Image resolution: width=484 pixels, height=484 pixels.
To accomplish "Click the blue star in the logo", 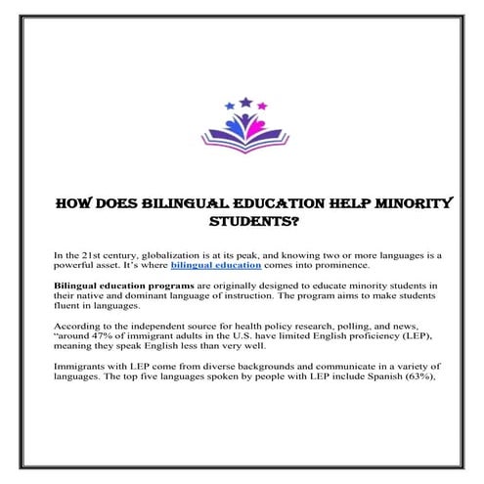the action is [x=228, y=105].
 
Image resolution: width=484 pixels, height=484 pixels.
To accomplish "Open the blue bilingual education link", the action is [x=215, y=265].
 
